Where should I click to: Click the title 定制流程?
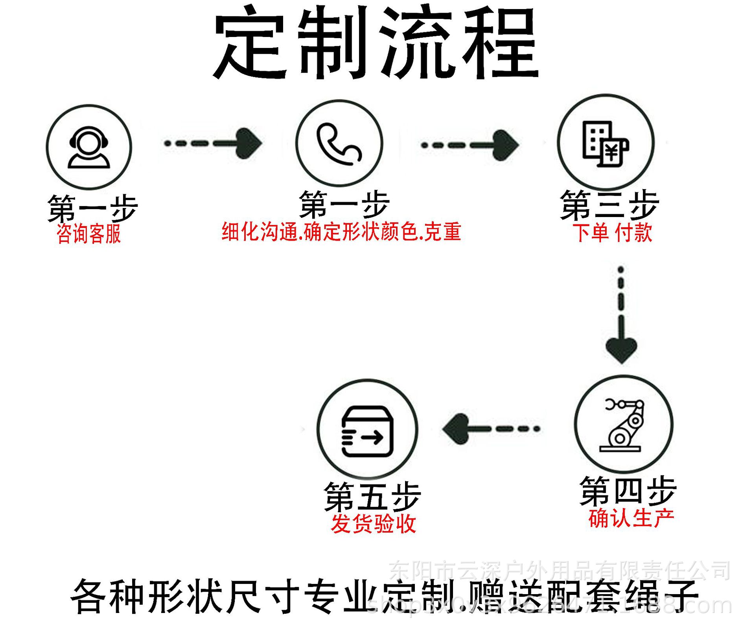click(376, 42)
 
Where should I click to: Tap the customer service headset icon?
click(89, 147)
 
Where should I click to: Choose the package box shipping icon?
click(367, 431)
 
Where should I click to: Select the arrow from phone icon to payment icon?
click(470, 145)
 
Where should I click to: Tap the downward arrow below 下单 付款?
click(621, 315)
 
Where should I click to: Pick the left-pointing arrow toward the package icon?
click(491, 429)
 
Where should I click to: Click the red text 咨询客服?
click(89, 234)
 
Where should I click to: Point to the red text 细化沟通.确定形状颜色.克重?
click(341, 232)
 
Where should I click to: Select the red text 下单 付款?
click(612, 232)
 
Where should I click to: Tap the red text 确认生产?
click(631, 518)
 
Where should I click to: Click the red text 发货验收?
click(373, 524)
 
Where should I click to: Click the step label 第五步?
click(372, 497)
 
